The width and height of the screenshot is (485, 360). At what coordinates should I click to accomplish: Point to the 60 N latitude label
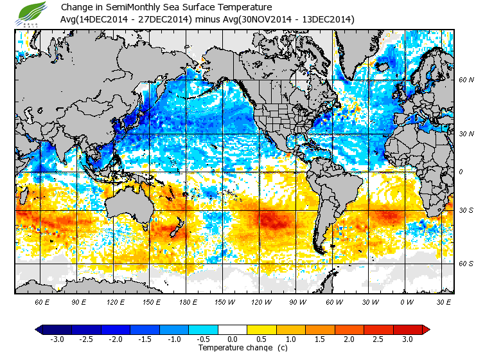[466, 80]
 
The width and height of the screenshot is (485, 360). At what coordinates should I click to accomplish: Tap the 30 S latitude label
[466, 210]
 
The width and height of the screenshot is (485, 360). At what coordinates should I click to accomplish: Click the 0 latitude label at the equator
[461, 172]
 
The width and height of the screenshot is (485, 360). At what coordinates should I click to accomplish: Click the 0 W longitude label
[405, 301]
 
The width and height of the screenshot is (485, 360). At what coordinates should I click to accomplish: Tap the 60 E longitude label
[42, 301]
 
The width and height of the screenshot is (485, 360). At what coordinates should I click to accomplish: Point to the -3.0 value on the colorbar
[57, 339]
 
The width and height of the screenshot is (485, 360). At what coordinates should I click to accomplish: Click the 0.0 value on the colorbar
[233, 339]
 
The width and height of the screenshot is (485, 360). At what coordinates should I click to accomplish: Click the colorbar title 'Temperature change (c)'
[233, 348]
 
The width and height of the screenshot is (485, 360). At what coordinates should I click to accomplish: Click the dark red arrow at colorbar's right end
[425, 329]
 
